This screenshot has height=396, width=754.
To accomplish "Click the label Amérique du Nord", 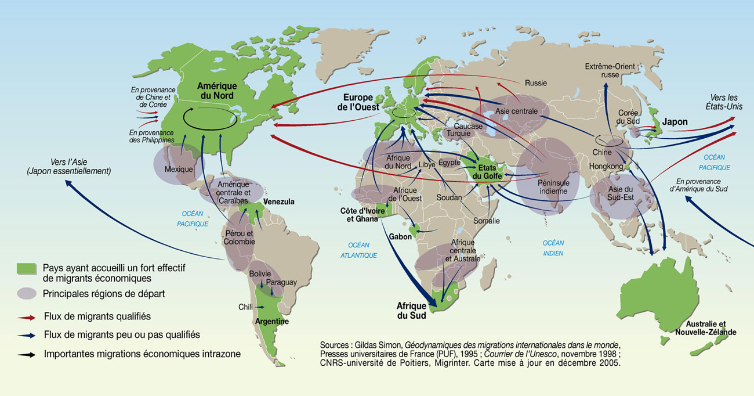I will click(x=217, y=91).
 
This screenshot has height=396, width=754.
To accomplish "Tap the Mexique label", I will click(x=178, y=170).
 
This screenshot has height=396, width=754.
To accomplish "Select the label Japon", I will click(x=675, y=122).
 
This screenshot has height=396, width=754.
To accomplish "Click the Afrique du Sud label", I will click(x=411, y=311).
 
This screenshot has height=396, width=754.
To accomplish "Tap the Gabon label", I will click(x=400, y=237).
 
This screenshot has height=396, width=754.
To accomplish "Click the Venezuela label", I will click(x=278, y=201).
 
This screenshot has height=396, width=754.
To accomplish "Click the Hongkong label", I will click(x=605, y=166).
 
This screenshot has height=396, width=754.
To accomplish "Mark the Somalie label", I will click(x=486, y=221).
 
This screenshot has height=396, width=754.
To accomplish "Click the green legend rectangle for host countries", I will click(x=26, y=268).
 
